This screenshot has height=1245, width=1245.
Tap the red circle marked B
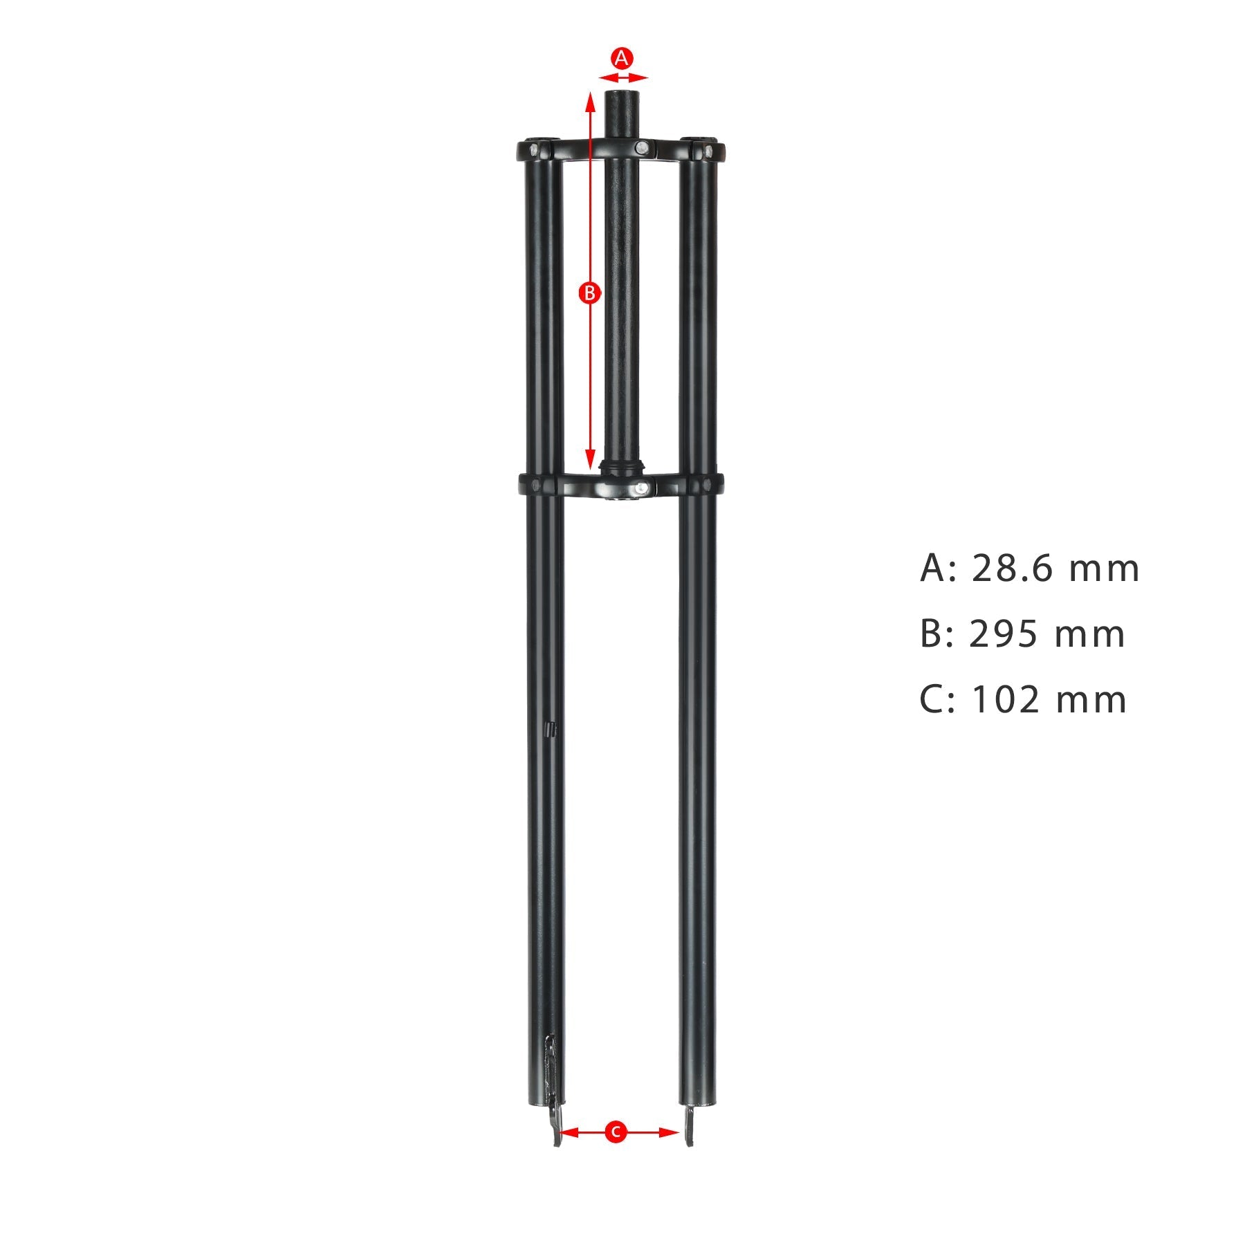pyautogui.click(x=589, y=293)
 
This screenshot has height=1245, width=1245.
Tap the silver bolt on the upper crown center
pyautogui.click(x=643, y=147)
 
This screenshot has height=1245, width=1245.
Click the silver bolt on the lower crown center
pyautogui.click(x=643, y=488)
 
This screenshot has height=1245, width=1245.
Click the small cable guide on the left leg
pyautogui.click(x=551, y=729)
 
